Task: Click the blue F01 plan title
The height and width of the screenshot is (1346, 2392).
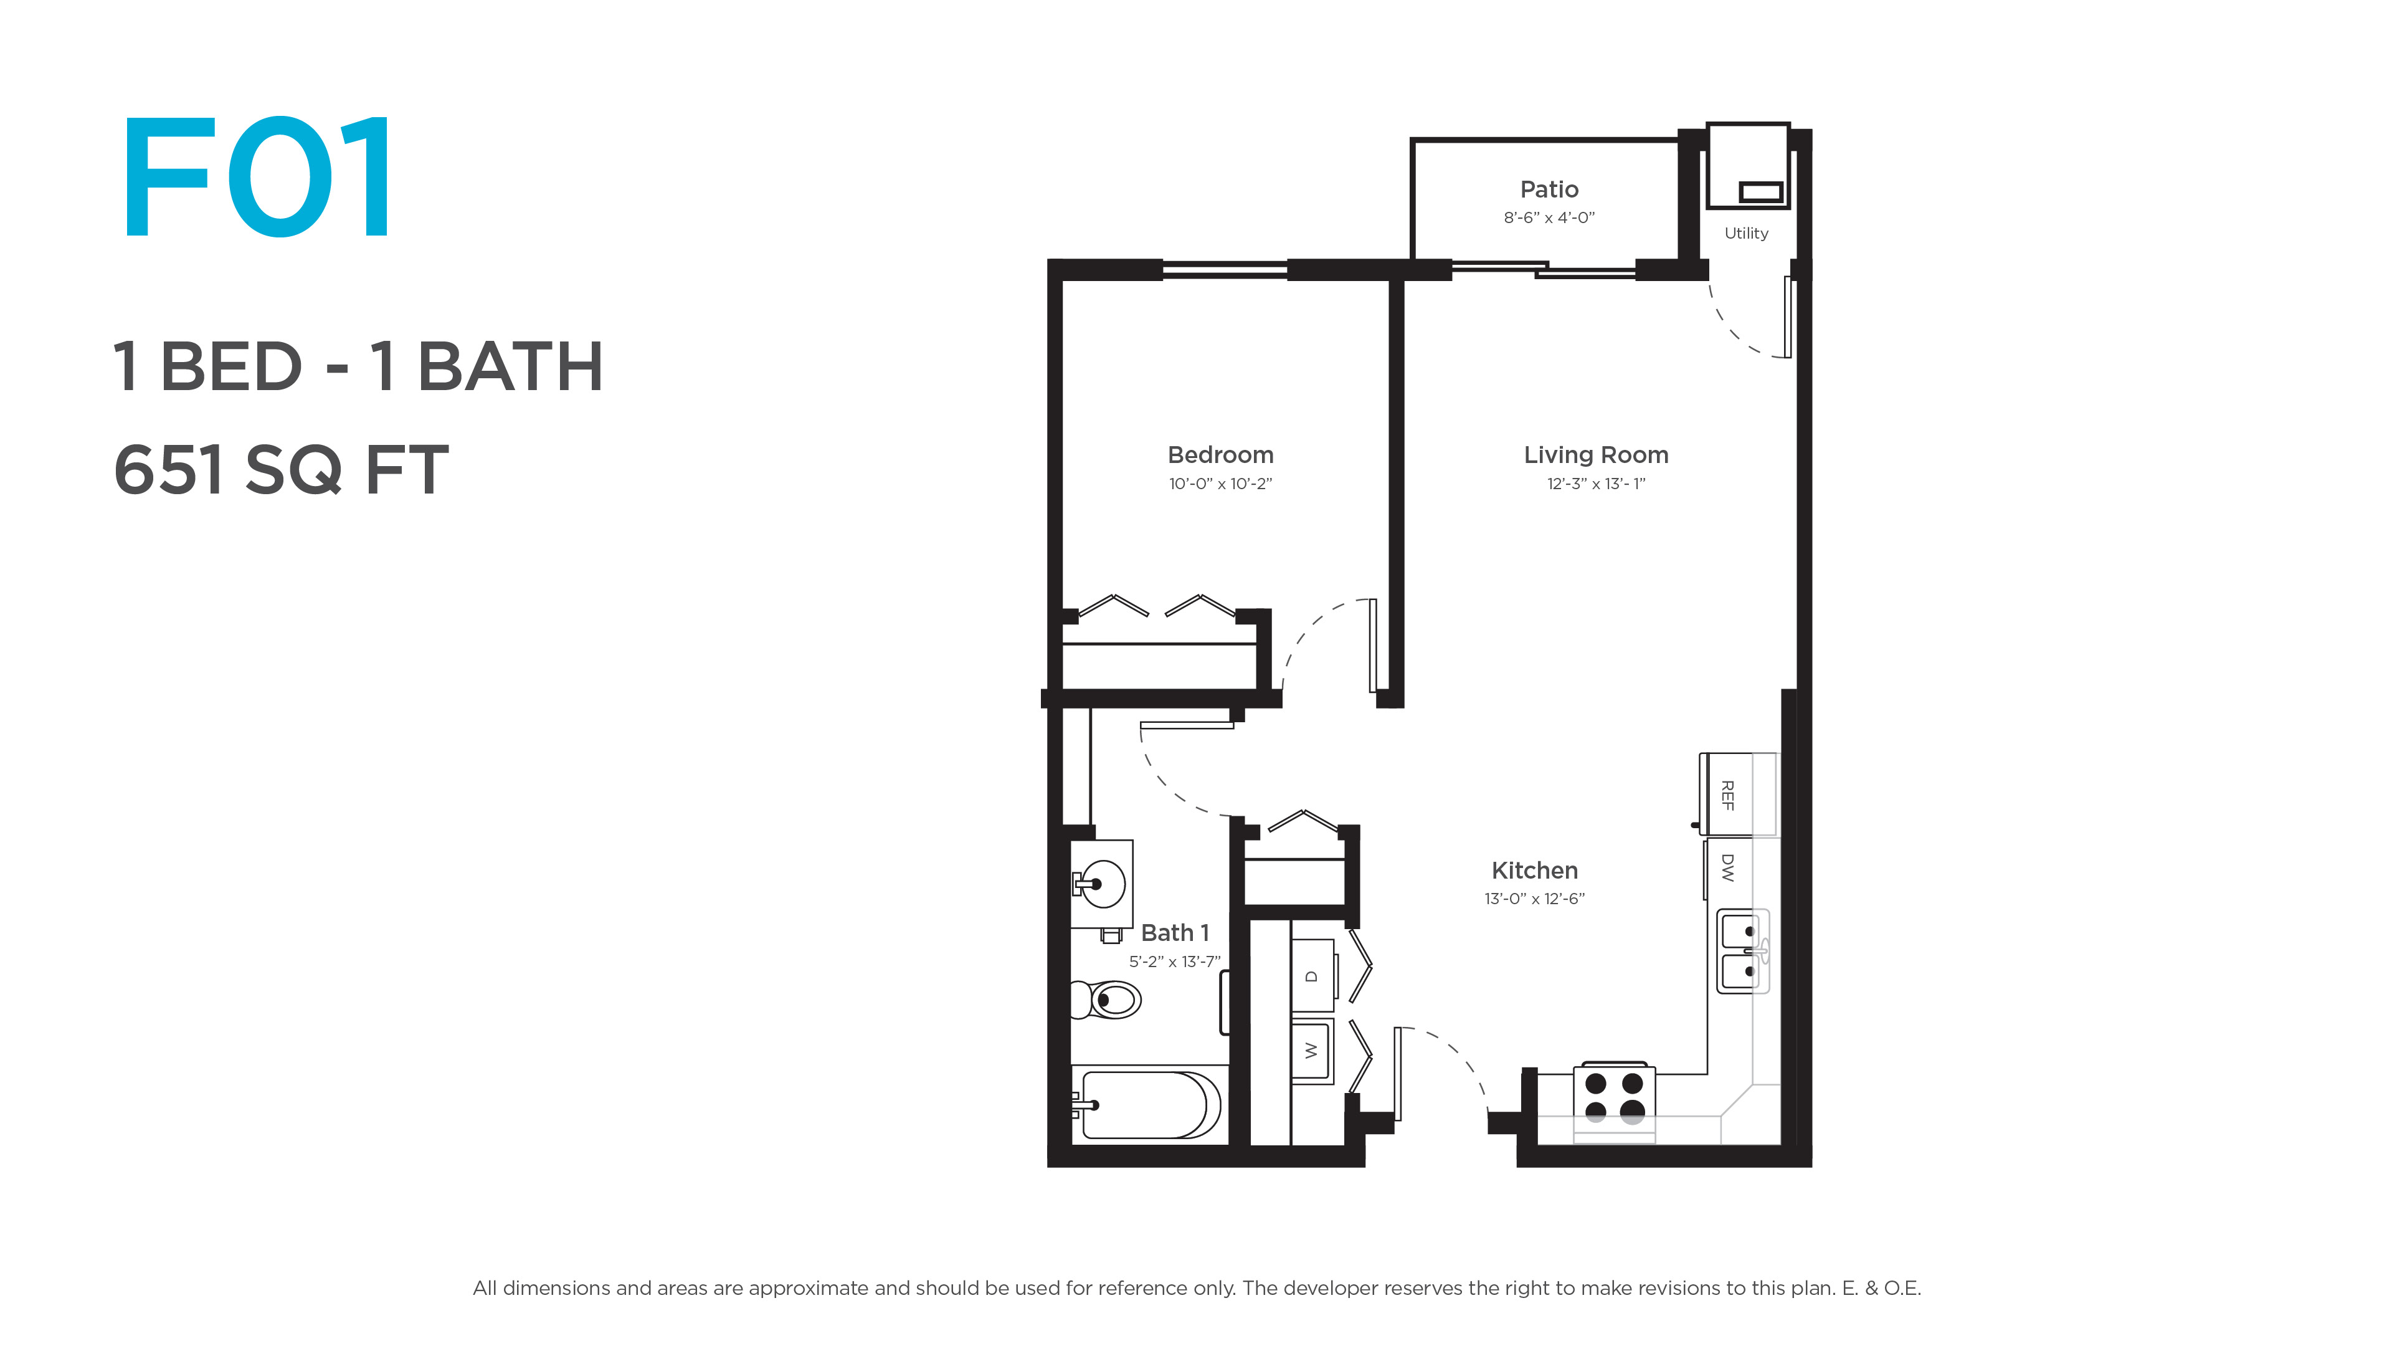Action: pyautogui.click(x=258, y=176)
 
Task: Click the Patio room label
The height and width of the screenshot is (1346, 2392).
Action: pyautogui.click(x=1549, y=189)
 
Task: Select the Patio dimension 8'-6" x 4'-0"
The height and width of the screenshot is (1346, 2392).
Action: pyautogui.click(x=1549, y=217)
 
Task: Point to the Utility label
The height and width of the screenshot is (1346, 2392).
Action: pyautogui.click(x=1745, y=233)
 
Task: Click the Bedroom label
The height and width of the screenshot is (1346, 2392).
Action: pyautogui.click(x=1220, y=455)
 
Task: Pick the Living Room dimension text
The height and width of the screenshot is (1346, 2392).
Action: pyautogui.click(x=1595, y=484)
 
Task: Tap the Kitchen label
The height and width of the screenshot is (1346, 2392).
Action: pyautogui.click(x=1534, y=871)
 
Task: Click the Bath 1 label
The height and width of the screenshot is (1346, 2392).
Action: pyautogui.click(x=1175, y=933)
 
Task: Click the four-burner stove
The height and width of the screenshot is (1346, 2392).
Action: pyautogui.click(x=1614, y=1100)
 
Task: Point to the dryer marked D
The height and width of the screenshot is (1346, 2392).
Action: pyautogui.click(x=1312, y=975)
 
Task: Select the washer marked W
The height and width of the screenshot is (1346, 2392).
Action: pyautogui.click(x=1312, y=1051)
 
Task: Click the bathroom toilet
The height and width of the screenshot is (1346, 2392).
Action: pyautogui.click(x=1105, y=1000)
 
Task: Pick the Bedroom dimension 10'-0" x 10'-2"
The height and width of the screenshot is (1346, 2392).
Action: pyautogui.click(x=1220, y=484)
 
